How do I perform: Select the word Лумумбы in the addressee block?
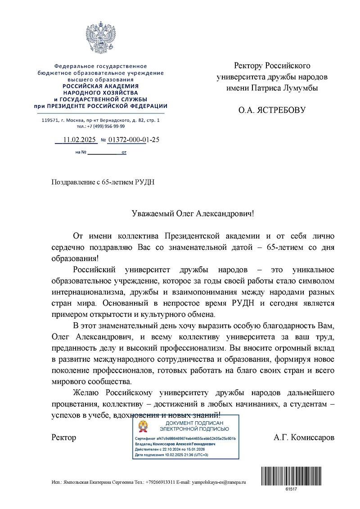[300, 88]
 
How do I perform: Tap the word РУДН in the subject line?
[150, 182]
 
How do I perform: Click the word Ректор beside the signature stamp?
[64, 437]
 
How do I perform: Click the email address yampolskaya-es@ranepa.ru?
[219, 482]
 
